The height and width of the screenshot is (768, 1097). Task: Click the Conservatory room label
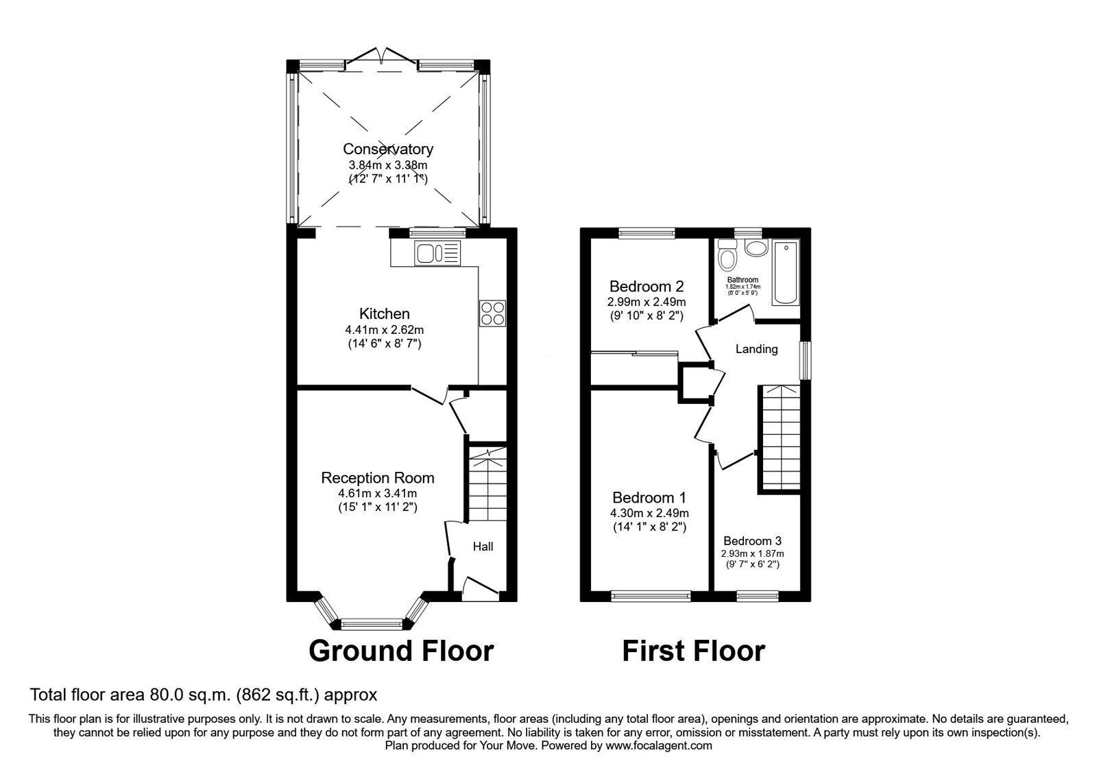point(388,149)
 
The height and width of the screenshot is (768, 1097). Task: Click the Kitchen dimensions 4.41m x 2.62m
point(384,330)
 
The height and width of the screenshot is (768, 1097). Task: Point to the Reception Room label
point(378,478)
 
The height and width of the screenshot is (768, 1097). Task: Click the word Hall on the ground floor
point(483,547)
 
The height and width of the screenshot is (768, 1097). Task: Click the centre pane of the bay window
point(371,624)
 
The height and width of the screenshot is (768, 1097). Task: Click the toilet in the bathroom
point(725,258)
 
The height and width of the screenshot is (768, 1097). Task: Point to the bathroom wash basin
point(756,248)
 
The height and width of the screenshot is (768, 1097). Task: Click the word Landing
point(756,349)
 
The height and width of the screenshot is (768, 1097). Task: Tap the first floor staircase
point(780,439)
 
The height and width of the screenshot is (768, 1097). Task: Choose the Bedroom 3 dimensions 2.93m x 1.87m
point(752,553)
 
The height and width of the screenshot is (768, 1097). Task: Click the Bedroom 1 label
point(649,498)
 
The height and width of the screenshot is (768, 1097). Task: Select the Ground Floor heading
point(401,651)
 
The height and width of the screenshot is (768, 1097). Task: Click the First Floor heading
point(693,651)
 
